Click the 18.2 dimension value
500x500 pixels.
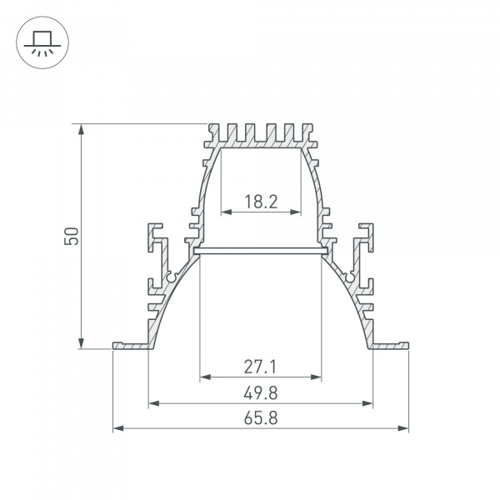(x=261, y=201)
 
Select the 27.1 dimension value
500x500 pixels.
(x=261, y=365)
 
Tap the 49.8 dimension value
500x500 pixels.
(x=261, y=392)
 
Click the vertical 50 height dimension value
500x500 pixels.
(x=72, y=236)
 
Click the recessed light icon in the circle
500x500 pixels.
(x=39, y=42)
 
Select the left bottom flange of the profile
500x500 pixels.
(x=131, y=345)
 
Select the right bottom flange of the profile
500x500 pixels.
(x=391, y=345)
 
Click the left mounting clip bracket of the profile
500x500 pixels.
(x=156, y=242)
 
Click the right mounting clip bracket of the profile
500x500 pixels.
(x=365, y=242)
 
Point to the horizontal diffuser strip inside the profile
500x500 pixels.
(x=261, y=249)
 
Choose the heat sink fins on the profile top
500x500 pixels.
(x=261, y=135)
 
